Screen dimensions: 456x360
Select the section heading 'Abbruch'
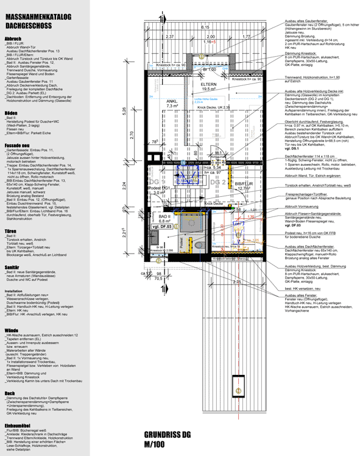pos(13,38)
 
